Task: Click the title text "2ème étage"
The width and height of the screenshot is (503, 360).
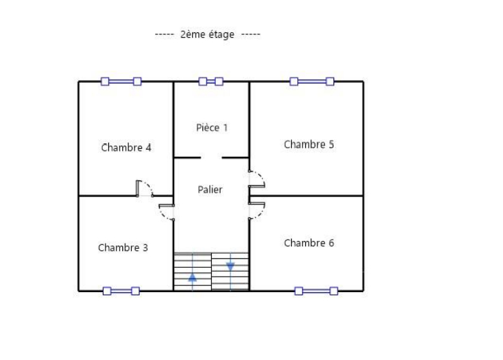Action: point(207,34)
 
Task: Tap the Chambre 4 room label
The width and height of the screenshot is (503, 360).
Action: point(126,147)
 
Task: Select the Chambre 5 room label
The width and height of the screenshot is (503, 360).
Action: point(309,144)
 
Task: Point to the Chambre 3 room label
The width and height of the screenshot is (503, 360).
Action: point(123,248)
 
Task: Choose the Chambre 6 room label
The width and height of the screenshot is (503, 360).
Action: point(309,243)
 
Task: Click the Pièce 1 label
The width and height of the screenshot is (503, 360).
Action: point(212,127)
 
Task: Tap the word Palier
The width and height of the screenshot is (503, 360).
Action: point(210,190)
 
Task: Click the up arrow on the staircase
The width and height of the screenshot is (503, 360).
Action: point(192,275)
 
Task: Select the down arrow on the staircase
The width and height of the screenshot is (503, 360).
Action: point(231,266)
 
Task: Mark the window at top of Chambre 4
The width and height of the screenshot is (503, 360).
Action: point(121,81)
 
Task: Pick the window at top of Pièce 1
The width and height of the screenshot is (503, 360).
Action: point(211,81)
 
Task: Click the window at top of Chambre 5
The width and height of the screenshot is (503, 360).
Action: point(312,81)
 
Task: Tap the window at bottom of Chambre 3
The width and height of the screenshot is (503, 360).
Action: point(121,291)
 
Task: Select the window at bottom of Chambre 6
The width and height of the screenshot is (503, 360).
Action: point(316,291)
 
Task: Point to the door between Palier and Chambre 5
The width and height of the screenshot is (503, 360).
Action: point(256,179)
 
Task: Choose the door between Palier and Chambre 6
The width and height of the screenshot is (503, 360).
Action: point(256,210)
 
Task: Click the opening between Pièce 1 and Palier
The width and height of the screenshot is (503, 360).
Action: point(211,157)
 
